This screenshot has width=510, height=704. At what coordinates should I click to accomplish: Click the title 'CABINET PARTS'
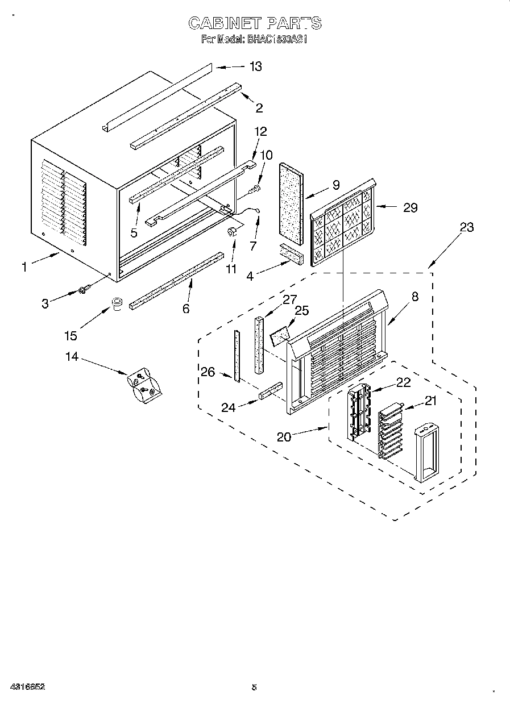point(255,23)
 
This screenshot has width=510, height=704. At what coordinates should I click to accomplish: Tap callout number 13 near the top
point(255,66)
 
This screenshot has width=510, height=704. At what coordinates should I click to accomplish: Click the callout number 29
point(410,208)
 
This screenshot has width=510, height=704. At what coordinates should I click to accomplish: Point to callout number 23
point(466,227)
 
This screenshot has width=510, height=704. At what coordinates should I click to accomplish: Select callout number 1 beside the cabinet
point(24,266)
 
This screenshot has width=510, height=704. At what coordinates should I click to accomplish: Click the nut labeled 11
point(232,231)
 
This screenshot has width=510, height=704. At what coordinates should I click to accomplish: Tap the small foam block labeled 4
point(291,253)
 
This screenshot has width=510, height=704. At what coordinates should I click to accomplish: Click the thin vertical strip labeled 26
point(237,355)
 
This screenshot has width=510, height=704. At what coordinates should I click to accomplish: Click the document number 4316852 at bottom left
point(27,686)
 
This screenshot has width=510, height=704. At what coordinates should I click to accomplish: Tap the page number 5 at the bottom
point(254,687)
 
